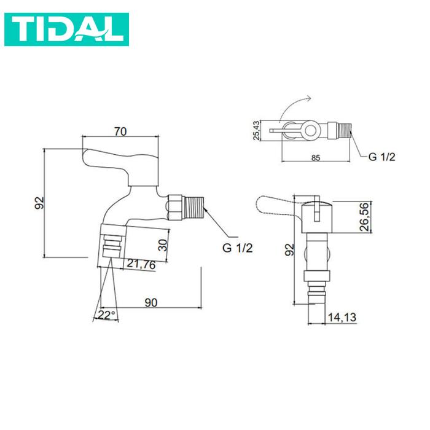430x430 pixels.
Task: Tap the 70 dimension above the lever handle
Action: click(120, 131)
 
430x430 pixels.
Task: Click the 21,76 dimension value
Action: click(141, 265)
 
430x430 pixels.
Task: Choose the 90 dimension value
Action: click(151, 302)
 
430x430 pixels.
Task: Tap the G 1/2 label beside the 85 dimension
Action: click(381, 157)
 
